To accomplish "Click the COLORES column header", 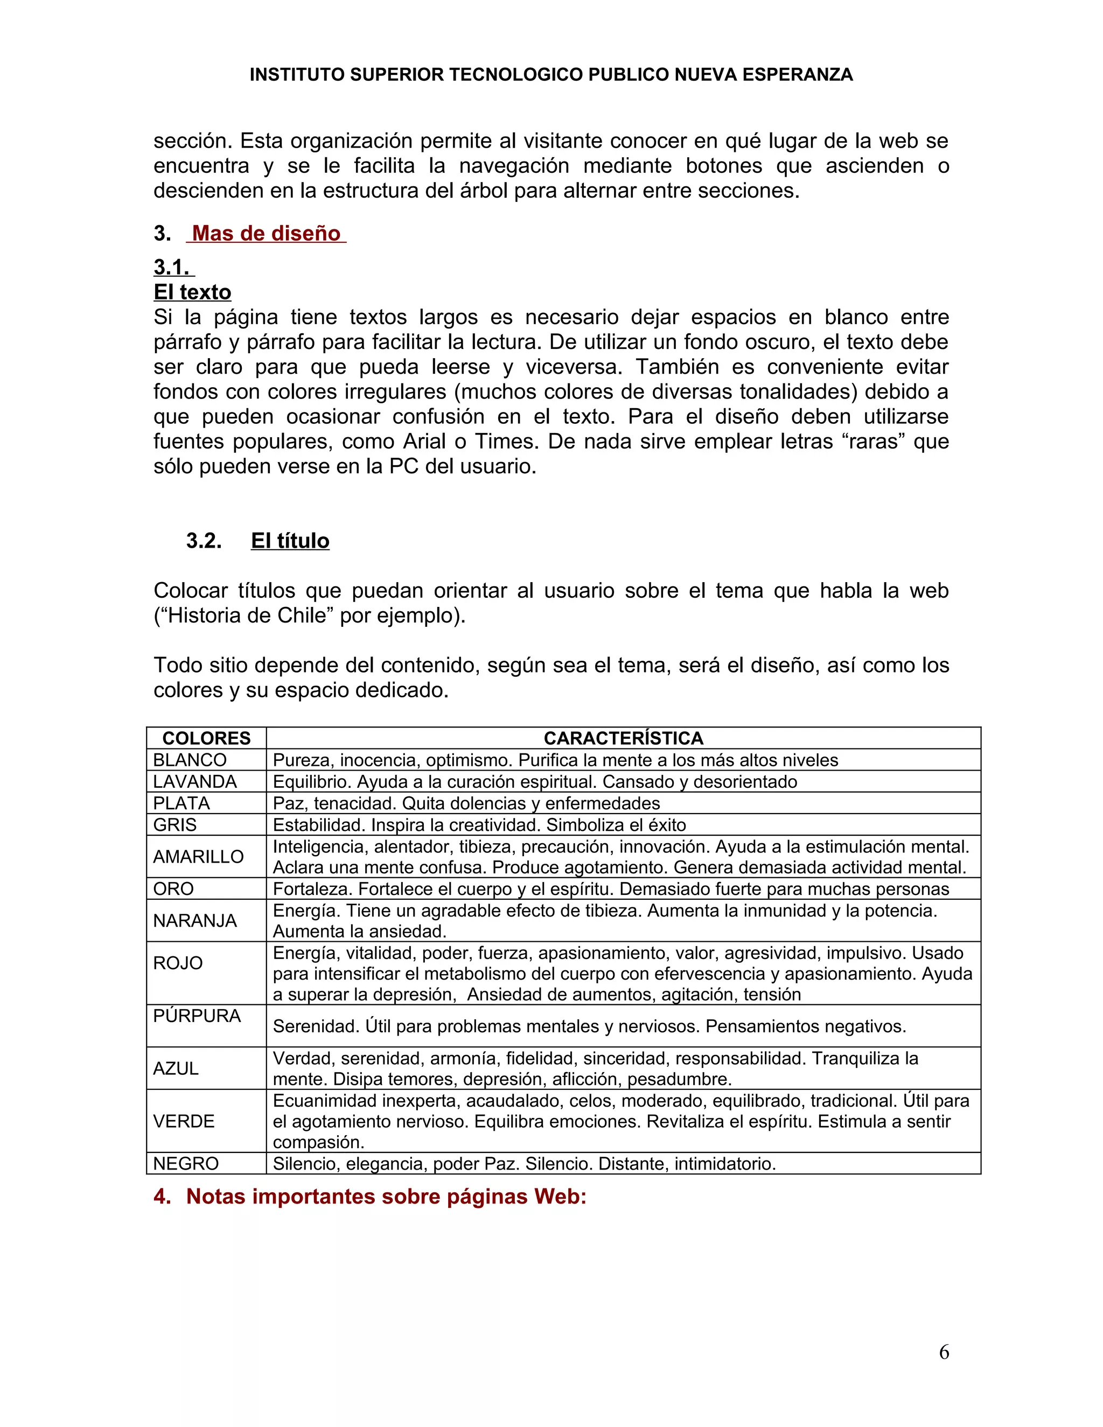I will pos(206,738).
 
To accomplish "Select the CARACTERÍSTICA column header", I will pos(623,738).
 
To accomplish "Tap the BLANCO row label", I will pos(190,760).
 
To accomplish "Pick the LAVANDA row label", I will pos(195,781).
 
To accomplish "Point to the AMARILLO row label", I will pos(198,857).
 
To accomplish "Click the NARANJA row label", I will pos(195,921).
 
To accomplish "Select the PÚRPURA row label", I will pos(197,1016).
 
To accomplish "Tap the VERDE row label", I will pos(184,1121).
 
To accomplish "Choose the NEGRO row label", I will pos(186,1164).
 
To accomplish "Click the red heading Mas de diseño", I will pos(266,233).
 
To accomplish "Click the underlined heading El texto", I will pos(192,292).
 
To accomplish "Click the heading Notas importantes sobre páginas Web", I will pos(386,1197).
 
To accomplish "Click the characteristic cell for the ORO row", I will pos(610,889).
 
